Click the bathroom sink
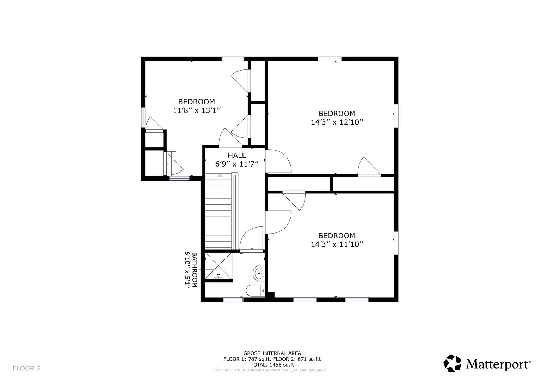tap(259, 273)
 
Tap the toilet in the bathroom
tap(255, 291)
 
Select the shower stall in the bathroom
tap(218, 266)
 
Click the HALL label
tap(236, 155)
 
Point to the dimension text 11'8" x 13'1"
tap(197, 110)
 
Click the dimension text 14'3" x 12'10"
tap(337, 122)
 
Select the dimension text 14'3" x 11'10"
tap(337, 244)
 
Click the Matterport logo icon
tap(452, 363)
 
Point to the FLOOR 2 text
tap(27, 368)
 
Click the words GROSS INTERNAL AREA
tap(272, 353)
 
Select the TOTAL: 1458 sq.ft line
tap(272, 365)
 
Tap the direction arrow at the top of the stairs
tap(220, 175)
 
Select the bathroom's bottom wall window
tap(233, 300)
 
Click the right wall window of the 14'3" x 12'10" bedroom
tap(396, 116)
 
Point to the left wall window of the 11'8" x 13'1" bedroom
tap(143, 117)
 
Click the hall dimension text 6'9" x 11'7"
tap(237, 164)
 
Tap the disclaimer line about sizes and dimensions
tap(269, 370)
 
